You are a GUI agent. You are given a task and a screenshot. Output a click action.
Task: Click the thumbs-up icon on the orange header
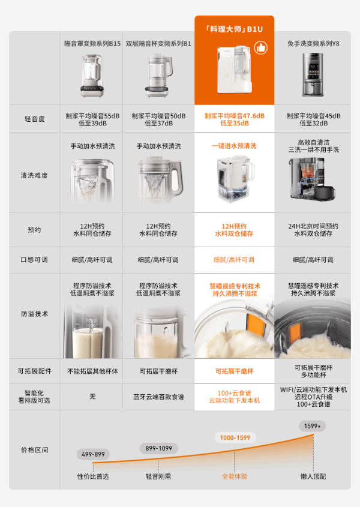[260, 48]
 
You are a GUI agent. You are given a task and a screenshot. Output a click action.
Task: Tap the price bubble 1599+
[312, 426]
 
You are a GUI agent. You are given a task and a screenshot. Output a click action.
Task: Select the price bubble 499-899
[93, 454]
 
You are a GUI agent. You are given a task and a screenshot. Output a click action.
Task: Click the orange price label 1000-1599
[235, 438]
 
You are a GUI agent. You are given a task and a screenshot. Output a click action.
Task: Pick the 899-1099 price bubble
[158, 448]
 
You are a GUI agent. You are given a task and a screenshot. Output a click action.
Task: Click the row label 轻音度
[34, 119]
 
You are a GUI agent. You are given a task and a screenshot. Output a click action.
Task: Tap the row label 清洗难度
[34, 175]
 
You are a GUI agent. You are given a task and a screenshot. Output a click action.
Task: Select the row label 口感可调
[34, 260]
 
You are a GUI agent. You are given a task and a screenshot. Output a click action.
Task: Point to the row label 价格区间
[34, 450]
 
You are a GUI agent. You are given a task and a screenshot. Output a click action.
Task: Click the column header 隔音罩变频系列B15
[92, 44]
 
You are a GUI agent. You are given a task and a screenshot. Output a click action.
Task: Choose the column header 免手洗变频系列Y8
[313, 44]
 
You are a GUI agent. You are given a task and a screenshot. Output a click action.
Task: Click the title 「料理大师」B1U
[234, 29]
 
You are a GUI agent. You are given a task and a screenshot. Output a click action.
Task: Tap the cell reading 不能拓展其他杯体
[92, 371]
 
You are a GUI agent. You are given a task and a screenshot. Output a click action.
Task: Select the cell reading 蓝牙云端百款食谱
[158, 397]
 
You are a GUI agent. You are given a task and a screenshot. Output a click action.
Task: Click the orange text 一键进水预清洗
[234, 146]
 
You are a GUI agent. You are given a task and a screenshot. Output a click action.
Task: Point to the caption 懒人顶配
[313, 476]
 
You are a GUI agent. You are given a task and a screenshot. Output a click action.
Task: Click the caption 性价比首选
[93, 476]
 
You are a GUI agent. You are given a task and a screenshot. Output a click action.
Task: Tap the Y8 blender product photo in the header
[313, 74]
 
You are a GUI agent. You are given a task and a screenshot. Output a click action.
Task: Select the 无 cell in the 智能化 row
[92, 397]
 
